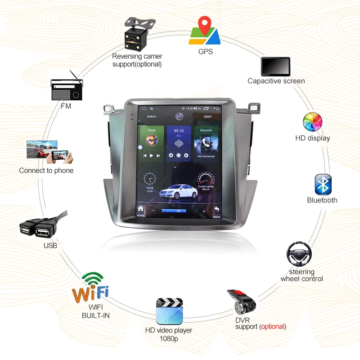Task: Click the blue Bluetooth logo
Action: [x=323, y=184]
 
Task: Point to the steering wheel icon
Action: [x=299, y=255]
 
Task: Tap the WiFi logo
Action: [x=91, y=288]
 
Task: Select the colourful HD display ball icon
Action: [x=312, y=122]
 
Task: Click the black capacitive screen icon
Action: [x=275, y=67]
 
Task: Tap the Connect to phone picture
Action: [x=49, y=152]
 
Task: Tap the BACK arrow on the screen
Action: [x=217, y=211]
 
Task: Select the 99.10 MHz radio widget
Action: [x=179, y=143]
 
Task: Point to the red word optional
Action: [x=273, y=326]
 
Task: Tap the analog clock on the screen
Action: [x=149, y=179]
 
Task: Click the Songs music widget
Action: [x=152, y=143]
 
